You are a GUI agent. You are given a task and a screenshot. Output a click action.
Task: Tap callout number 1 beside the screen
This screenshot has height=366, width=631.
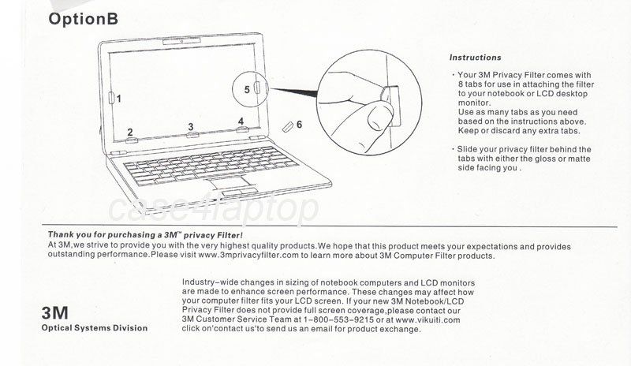[119, 99]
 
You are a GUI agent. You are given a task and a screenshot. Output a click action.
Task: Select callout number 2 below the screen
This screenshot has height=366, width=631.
[131, 133]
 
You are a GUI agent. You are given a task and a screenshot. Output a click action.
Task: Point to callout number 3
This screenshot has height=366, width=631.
[191, 127]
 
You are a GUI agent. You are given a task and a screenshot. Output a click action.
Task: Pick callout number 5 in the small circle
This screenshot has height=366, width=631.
[247, 90]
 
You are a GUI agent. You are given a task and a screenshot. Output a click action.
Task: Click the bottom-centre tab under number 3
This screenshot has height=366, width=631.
[191, 136]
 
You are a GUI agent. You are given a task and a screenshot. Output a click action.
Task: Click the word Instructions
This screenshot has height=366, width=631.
[475, 58]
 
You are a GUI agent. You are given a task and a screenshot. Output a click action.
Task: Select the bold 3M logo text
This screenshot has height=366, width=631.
[56, 313]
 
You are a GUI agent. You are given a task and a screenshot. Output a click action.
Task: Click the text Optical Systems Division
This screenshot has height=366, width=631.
[94, 328]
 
